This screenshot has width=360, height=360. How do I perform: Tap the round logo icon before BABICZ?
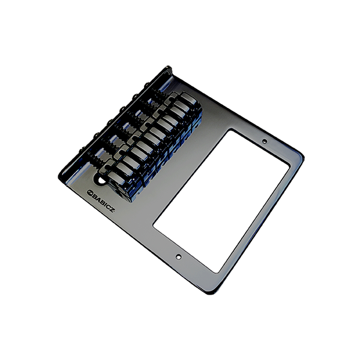tap(89, 192)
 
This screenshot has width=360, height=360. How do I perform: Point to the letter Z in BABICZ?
tap(111, 209)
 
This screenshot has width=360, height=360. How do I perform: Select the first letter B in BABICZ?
tap(94, 196)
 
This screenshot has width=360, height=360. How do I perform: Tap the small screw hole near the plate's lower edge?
tap(178, 256)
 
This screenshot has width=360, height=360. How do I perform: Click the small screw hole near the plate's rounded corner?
tap(265, 141)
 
